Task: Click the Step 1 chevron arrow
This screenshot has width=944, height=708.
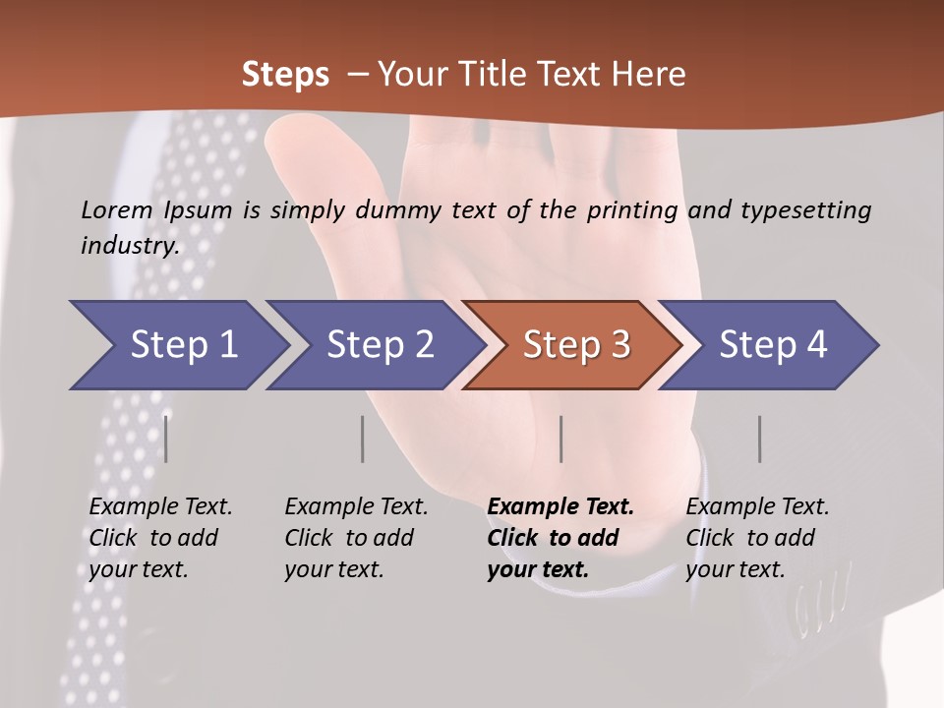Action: click(177, 345)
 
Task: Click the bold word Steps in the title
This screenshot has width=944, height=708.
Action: click(285, 74)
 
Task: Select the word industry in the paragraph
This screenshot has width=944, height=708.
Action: click(129, 245)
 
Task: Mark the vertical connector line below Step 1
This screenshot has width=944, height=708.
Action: click(166, 439)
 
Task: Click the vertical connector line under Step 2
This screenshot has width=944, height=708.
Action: click(363, 439)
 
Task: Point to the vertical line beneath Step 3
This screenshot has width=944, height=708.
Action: click(560, 439)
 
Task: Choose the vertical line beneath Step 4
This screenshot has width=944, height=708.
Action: click(759, 439)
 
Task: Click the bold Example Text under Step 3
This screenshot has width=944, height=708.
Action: click(560, 507)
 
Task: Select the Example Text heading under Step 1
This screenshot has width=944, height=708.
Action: click(160, 507)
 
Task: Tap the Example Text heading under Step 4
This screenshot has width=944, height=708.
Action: click(757, 507)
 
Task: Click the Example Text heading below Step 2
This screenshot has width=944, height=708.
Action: click(356, 507)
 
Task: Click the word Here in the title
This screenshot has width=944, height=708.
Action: click(653, 74)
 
